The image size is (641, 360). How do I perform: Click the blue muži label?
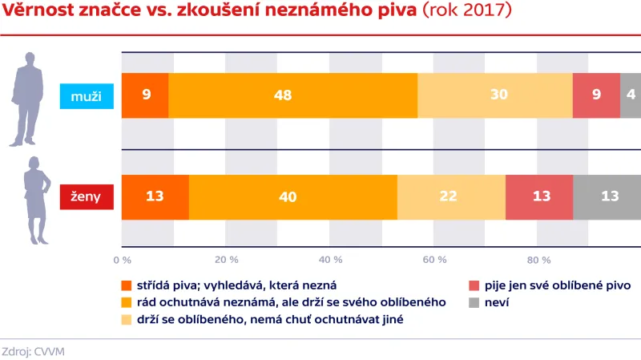click(87, 95)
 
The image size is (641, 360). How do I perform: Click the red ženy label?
click(87, 196)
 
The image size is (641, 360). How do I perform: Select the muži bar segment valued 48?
click(292, 95)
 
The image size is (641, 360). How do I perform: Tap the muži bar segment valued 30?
click(494, 95)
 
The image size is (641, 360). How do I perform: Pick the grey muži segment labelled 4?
click(631, 95)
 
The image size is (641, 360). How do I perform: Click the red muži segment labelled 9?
click(596, 95)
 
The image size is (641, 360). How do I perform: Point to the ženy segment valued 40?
click(292, 196)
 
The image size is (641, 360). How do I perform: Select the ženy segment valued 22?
click(451, 196)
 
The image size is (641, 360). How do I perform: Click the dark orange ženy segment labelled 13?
click(155, 196)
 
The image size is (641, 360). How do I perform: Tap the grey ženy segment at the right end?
click(607, 196)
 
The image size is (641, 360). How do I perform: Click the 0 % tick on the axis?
click(122, 260)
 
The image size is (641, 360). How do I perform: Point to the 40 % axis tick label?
click(331, 260)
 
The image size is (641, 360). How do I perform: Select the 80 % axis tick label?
click(538, 260)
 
